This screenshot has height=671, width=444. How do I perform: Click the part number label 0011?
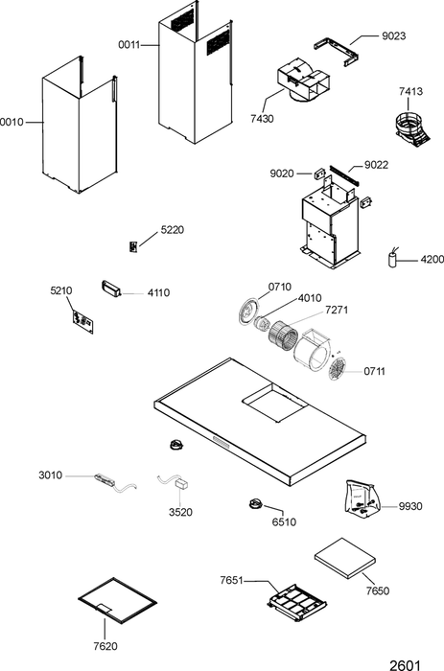click(x=129, y=44)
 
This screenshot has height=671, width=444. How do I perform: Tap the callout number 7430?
click(x=262, y=119)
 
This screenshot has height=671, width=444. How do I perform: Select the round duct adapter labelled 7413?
click(x=412, y=127)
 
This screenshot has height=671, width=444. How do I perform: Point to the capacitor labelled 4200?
click(x=392, y=259)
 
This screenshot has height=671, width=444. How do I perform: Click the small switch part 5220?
click(x=133, y=247)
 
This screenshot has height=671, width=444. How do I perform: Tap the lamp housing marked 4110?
click(x=112, y=288)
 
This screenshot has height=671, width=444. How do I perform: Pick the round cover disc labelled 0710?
click(x=248, y=310)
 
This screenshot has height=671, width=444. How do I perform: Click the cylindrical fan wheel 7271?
click(x=283, y=335)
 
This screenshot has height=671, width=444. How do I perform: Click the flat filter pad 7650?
click(x=344, y=558)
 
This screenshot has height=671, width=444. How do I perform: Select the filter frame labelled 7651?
click(x=296, y=603)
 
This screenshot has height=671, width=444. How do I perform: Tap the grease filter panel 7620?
click(x=117, y=600)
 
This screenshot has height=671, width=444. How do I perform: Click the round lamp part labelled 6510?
click(x=256, y=503)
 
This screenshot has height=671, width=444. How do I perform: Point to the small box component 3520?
click(x=181, y=484)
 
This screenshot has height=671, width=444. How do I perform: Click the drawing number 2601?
click(x=405, y=665)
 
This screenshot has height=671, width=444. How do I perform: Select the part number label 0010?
click(x=12, y=123)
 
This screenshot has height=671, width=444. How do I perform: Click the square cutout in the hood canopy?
click(x=274, y=404)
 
